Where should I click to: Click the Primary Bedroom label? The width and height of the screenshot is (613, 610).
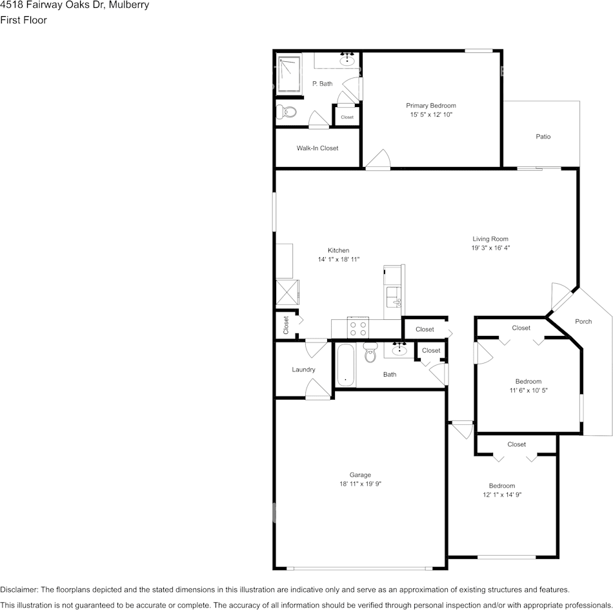tap(431, 106)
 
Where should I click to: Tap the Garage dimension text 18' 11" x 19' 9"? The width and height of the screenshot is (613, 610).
tap(360, 484)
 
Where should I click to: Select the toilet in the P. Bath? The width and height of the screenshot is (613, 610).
tap(286, 112)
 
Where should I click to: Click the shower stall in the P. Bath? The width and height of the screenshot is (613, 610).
tap(290, 74)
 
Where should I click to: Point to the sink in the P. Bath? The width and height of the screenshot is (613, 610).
tap(347, 61)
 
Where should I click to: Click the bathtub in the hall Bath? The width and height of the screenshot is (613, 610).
tap(346, 366)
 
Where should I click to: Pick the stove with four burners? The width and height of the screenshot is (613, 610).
tap(358, 328)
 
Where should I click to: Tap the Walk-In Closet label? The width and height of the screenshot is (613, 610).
tap(317, 148)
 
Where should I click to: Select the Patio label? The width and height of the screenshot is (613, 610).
tap(543, 137)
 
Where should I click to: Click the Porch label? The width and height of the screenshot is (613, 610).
tap(583, 321)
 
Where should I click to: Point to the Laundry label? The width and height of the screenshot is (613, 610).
tap(303, 369)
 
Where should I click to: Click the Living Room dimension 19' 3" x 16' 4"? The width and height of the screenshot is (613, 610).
tap(490, 248)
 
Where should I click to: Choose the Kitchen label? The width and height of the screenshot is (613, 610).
tap(339, 250)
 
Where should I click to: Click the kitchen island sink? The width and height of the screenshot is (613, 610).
tap(394, 297)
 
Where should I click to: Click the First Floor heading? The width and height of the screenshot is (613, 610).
tap(23, 20)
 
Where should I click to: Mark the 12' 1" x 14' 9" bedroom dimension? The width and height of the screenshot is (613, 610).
tap(502, 495)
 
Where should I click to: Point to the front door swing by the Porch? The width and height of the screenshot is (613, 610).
tap(561, 296)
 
